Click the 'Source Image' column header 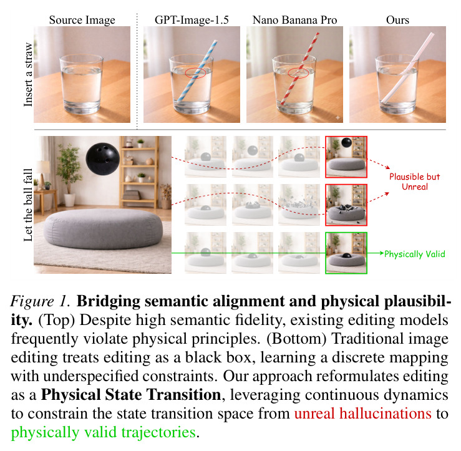(x=82, y=20)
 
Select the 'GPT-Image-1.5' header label (x=192, y=20)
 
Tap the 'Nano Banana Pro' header (x=294, y=20)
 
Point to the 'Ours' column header (x=397, y=20)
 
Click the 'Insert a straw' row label (x=28, y=75)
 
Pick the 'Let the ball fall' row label (x=28, y=205)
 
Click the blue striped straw (x=197, y=71)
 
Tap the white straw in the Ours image (x=407, y=67)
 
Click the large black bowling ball (x=102, y=159)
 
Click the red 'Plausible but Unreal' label (x=415, y=182)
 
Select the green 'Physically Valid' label (x=415, y=254)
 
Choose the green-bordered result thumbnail (x=346, y=253)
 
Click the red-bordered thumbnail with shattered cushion (x=346, y=205)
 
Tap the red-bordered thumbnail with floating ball (x=346, y=157)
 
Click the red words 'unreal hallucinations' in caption (x=363, y=413)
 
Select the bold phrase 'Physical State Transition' (x=131, y=395)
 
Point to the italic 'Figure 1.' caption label (x=41, y=301)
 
